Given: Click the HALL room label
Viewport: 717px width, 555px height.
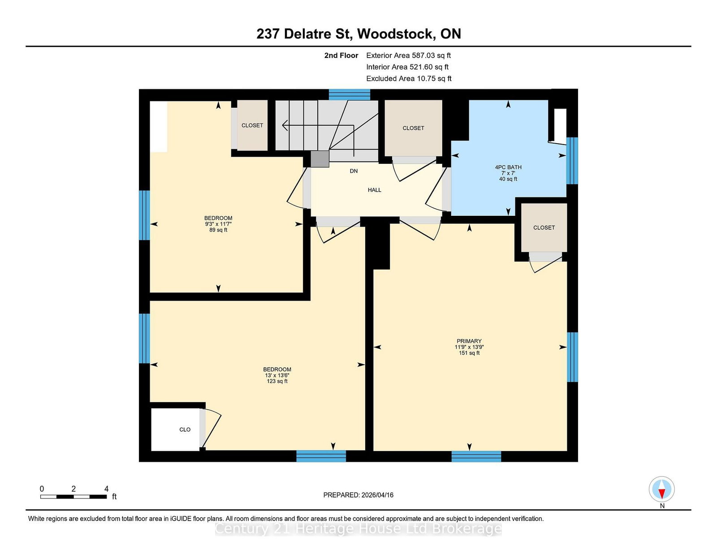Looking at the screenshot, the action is pyautogui.click(x=375, y=190).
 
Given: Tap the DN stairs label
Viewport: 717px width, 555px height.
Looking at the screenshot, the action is pyautogui.click(x=354, y=171).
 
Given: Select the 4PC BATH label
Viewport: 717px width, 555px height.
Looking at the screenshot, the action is pyautogui.click(x=508, y=167).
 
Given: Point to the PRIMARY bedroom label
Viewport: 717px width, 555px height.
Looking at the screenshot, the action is pyautogui.click(x=469, y=341).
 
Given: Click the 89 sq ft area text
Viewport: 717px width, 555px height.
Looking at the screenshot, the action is pyautogui.click(x=218, y=230).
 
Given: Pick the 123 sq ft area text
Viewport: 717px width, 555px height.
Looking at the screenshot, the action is pyautogui.click(x=277, y=381).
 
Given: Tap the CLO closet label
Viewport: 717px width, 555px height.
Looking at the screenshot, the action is pyautogui.click(x=185, y=429).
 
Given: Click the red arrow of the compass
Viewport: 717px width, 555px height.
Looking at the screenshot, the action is pyautogui.click(x=661, y=494).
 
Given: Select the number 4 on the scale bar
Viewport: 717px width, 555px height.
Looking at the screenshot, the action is pyautogui.click(x=106, y=489).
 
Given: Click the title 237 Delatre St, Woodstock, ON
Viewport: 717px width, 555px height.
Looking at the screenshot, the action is pyautogui.click(x=358, y=34).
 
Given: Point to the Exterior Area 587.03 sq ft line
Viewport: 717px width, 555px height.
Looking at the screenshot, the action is pyautogui.click(x=409, y=56).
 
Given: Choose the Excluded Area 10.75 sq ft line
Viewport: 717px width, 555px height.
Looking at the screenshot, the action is pyautogui.click(x=409, y=79).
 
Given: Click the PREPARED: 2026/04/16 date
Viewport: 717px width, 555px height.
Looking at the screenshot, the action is pyautogui.click(x=358, y=495).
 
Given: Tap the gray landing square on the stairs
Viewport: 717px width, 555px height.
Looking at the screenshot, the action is pyautogui.click(x=320, y=159).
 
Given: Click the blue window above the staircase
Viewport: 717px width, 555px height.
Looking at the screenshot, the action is pyautogui.click(x=350, y=95).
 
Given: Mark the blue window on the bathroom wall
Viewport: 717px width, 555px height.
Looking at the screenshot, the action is pyautogui.click(x=572, y=161).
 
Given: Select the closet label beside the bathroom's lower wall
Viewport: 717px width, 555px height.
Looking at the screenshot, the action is pyautogui.click(x=544, y=227).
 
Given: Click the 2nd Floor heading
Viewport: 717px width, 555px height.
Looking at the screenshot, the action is pyautogui.click(x=341, y=56).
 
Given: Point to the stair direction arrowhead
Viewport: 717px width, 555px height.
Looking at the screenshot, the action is pyautogui.click(x=285, y=126).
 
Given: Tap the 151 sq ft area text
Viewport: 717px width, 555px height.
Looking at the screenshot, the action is pyautogui.click(x=469, y=353).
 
